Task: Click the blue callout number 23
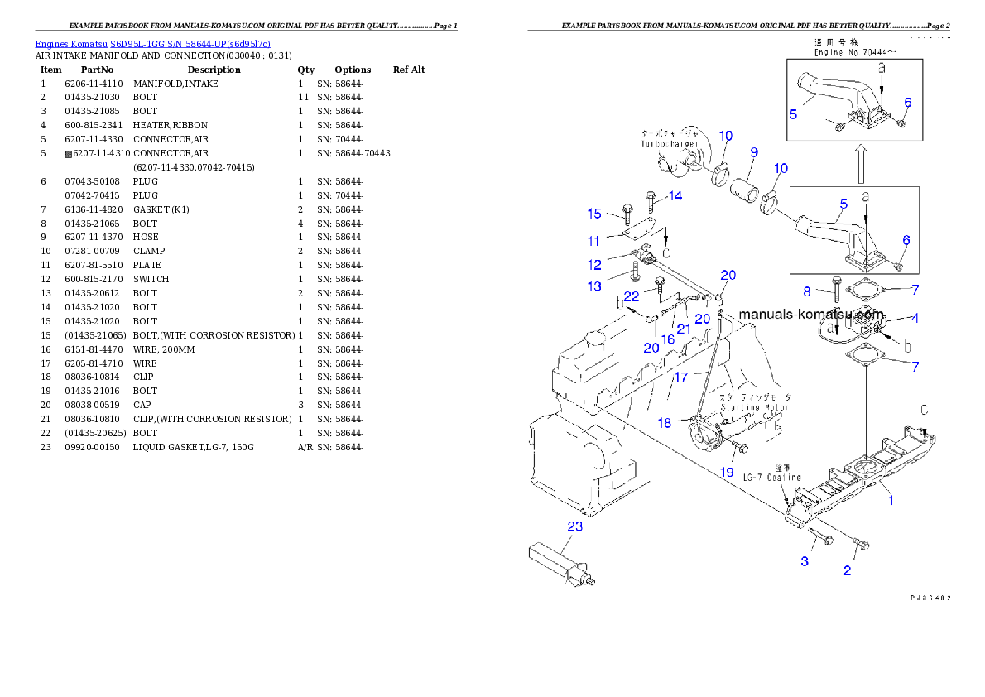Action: pyautogui.click(x=574, y=526)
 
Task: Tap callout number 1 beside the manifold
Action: pyautogui.click(x=891, y=500)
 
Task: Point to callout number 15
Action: pyautogui.click(x=594, y=214)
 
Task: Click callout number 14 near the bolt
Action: pyautogui.click(x=675, y=196)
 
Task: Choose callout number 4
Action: pyautogui.click(x=915, y=317)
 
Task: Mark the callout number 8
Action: pyautogui.click(x=807, y=291)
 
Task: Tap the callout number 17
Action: pyautogui.click(x=680, y=377)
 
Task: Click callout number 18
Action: pyautogui.click(x=665, y=423)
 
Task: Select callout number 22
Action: pyautogui.click(x=632, y=296)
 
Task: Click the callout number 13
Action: pyautogui.click(x=594, y=286)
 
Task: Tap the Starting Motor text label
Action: pyautogui.click(x=754, y=407)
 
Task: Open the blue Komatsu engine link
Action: pyautogui.click(x=152, y=44)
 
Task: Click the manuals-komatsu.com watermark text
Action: pyautogui.click(x=810, y=315)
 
